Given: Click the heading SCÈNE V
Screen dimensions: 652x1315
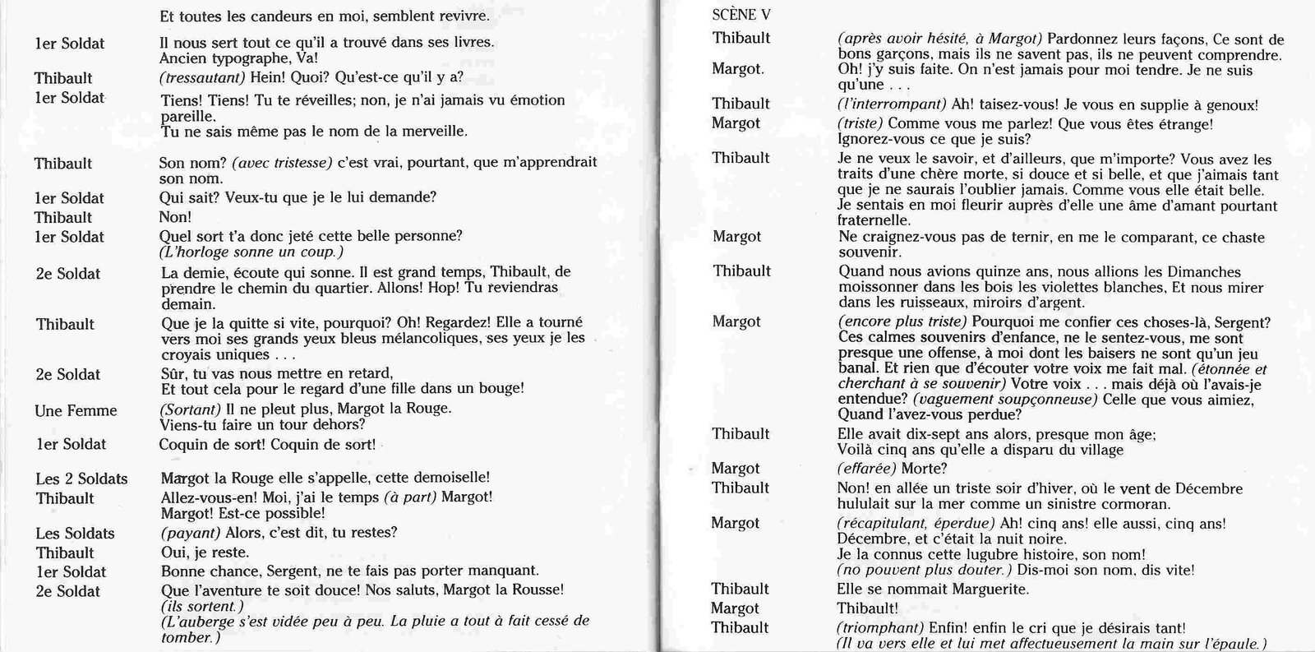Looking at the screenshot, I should [x=741, y=16].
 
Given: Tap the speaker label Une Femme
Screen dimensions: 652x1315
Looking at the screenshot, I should [x=76, y=411].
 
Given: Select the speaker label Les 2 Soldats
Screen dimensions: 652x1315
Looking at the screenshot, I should [x=81, y=479].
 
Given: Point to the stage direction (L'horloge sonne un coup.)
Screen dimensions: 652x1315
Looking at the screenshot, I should [x=251, y=252].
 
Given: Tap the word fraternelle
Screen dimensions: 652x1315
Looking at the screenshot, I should [x=874, y=220].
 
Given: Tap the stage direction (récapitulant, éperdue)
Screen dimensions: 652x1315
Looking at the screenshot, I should [x=916, y=524].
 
